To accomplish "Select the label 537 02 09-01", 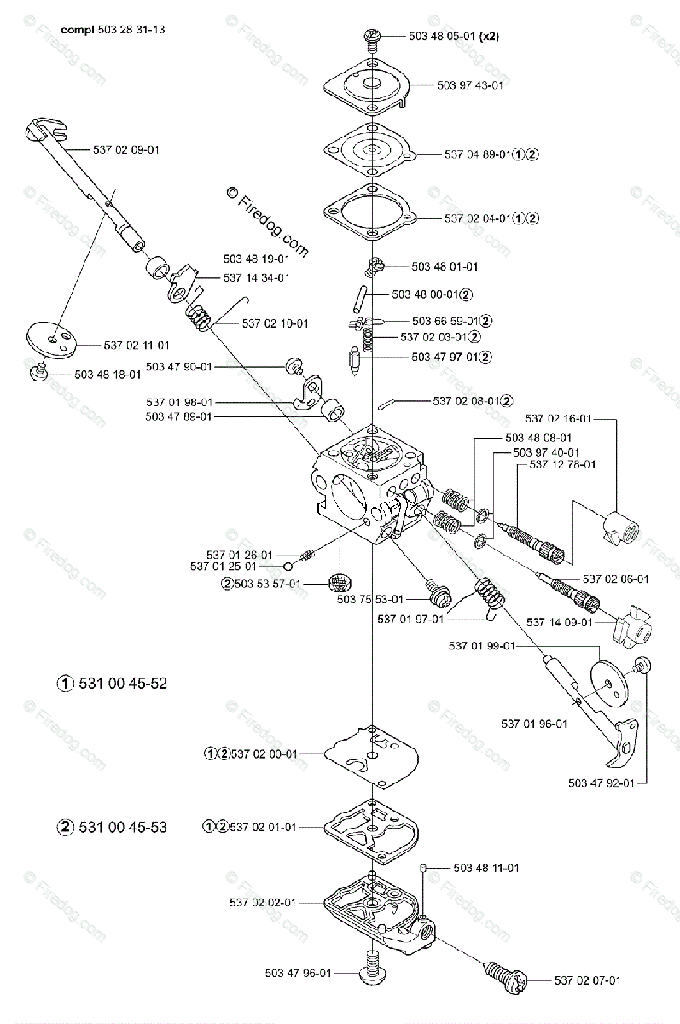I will click(x=125, y=149).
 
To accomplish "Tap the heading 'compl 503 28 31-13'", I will click(x=113, y=29).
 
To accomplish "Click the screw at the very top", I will click(x=373, y=36).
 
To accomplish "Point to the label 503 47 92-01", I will click(x=600, y=781).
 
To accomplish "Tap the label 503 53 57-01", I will click(x=267, y=584).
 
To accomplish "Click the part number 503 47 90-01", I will click(x=179, y=366).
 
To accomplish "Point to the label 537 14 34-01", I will click(x=256, y=277).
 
